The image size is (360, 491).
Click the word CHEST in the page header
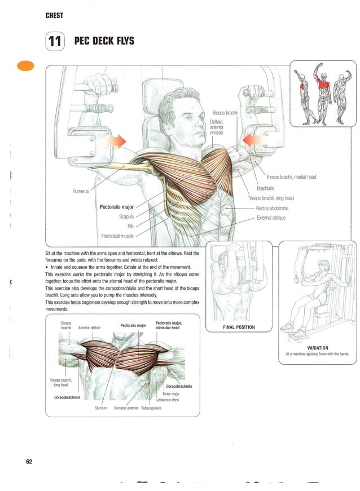click(54, 15)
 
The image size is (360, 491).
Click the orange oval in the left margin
click(26, 65)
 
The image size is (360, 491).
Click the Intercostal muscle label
click(117, 236)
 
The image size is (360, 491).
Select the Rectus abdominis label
click(273, 208)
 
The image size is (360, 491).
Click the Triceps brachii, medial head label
click(291, 177)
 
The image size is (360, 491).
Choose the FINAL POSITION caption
click(239, 327)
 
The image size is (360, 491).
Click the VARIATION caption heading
click(318, 348)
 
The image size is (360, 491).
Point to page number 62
click(29, 462)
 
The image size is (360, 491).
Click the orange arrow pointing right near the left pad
click(117, 140)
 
